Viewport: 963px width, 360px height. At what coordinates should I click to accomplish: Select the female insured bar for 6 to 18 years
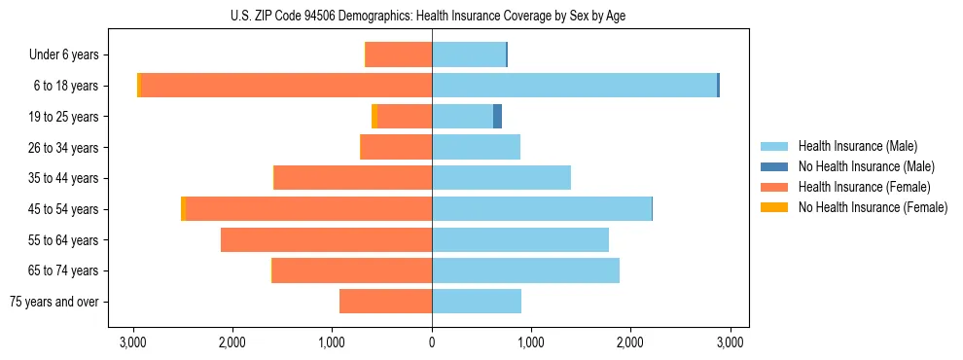pyautogui.click(x=287, y=86)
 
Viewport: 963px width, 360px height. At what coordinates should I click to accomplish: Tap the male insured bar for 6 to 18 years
pyautogui.click(x=574, y=86)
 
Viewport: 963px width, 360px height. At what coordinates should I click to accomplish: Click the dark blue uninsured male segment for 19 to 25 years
pyautogui.click(x=497, y=117)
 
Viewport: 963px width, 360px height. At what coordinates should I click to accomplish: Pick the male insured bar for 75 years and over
pyautogui.click(x=477, y=302)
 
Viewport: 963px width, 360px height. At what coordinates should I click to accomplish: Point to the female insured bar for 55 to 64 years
pyautogui.click(x=326, y=239)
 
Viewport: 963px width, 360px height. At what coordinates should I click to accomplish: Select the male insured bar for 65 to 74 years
pyautogui.click(x=525, y=270)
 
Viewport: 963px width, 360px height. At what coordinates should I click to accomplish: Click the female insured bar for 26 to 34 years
pyautogui.click(x=396, y=147)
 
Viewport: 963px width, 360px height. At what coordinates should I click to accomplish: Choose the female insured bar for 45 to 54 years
pyautogui.click(x=308, y=209)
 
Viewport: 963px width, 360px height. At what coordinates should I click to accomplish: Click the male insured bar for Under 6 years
pyautogui.click(x=469, y=54)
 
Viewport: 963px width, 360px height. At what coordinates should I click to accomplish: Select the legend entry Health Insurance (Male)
pyautogui.click(x=856, y=146)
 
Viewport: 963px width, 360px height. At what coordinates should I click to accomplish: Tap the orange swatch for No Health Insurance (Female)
pyautogui.click(x=773, y=207)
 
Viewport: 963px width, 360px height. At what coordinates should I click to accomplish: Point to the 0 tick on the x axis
pyautogui.click(x=432, y=342)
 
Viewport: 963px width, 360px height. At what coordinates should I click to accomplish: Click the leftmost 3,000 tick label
pyautogui.click(x=133, y=342)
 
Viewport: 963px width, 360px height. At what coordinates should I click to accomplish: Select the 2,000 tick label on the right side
pyautogui.click(x=630, y=342)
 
